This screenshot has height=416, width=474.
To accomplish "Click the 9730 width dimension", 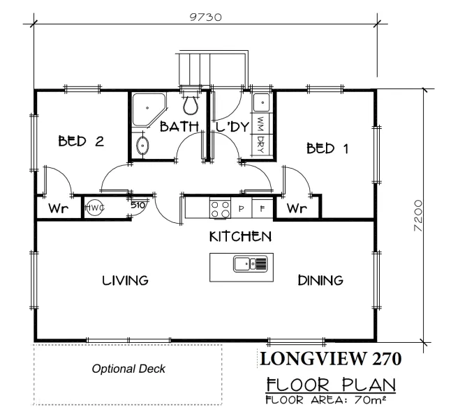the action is tap(205, 17).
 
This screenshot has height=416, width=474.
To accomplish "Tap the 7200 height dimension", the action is tap(418, 216).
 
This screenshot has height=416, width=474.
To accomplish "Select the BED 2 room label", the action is tap(81, 141).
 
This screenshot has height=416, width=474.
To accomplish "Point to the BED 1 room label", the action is tap(327, 148).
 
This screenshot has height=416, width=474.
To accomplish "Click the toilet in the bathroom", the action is tap(191, 104).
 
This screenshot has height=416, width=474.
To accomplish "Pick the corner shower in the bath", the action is tap(149, 109).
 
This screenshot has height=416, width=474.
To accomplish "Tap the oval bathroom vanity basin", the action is tap(142, 146).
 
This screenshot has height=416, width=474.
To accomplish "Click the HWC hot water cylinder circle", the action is tap(94, 208).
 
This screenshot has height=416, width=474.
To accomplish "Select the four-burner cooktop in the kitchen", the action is tap(220, 208).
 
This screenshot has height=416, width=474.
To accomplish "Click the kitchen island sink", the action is tap(251, 263).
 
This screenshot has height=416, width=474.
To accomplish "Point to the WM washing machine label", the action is tap(260, 123).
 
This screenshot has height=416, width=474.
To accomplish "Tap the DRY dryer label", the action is tap(260, 144).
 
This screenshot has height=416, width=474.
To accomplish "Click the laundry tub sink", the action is tap(261, 102).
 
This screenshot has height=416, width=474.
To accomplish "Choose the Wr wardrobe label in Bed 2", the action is tap(59, 208).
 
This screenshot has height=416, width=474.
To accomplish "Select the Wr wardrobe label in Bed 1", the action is tap(297, 208).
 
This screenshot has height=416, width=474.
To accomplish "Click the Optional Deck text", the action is tap(128, 369).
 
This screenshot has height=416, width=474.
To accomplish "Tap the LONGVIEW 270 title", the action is tap(330, 359).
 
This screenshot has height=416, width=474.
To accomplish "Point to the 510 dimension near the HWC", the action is tap(138, 205).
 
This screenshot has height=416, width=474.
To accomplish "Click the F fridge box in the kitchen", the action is tap(262, 208).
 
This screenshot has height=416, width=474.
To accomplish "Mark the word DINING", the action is tap(320, 281).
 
